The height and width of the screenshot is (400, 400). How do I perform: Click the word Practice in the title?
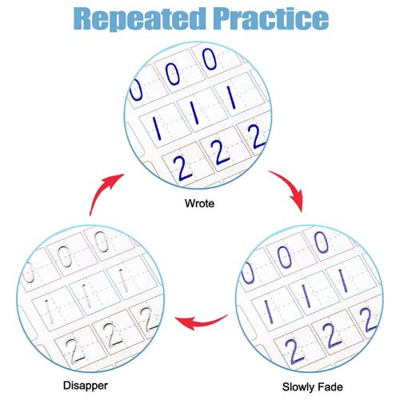(x=271, y=19)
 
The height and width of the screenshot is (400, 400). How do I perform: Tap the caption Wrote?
(x=199, y=203)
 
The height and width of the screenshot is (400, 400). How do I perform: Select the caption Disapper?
(x=86, y=386)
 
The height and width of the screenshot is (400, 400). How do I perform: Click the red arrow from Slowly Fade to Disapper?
(x=201, y=321)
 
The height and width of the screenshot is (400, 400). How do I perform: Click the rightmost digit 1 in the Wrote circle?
(x=231, y=97)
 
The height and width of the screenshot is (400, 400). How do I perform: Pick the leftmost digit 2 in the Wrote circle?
(x=182, y=168)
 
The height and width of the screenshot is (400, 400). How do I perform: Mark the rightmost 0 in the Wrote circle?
(x=210, y=59)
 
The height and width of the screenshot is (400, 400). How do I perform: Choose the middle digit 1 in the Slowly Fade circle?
(x=306, y=295)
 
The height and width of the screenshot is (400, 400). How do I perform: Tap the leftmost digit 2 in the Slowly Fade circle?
(x=294, y=350)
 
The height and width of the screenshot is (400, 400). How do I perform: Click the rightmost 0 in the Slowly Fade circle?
(x=321, y=242)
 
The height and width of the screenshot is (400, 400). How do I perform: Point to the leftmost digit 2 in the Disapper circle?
(x=75, y=351)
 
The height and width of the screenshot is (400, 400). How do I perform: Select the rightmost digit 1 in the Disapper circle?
(x=122, y=281)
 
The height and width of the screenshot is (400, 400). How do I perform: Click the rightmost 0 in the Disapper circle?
(x=102, y=242)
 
